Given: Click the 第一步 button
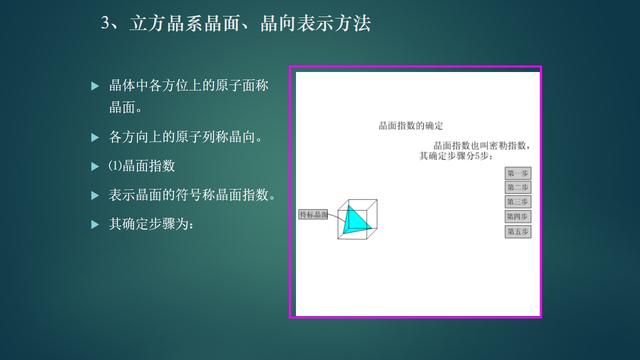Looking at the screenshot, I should tap(518, 173).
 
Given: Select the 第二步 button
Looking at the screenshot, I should tap(518, 187).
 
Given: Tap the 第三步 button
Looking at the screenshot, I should tap(518, 201).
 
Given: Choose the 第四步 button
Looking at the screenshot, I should tap(518, 215).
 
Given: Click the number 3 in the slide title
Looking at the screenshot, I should tap(106, 23).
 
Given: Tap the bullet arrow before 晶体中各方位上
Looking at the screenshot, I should tap(95, 87).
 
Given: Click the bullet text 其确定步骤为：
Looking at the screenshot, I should tap(151, 223).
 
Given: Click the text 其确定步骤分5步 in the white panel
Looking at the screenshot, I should tap(457, 157).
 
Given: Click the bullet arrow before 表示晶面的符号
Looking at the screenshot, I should tap(95, 195).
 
